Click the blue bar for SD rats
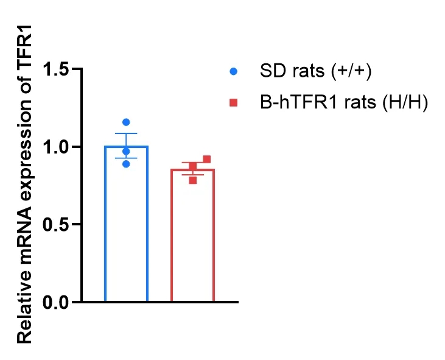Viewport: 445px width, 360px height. click(126, 231)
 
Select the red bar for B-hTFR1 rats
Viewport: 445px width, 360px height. click(192, 241)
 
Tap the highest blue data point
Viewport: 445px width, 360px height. click(126, 122)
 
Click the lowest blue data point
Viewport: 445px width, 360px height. click(126, 163)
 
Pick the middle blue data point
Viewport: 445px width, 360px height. click(126, 151)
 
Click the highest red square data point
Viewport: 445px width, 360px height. click(206, 160)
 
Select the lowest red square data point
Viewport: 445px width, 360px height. click(193, 180)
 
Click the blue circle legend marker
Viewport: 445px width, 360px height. click(233, 71)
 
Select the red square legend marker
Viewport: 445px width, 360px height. click(233, 103)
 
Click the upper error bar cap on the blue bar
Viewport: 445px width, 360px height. click(126, 133)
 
